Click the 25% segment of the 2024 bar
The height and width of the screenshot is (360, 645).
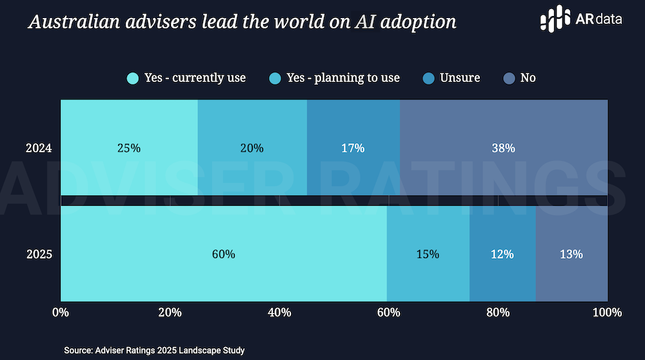(x=129, y=148)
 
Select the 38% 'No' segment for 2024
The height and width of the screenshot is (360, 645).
(x=504, y=148)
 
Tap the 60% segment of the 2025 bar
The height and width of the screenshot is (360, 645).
(x=223, y=254)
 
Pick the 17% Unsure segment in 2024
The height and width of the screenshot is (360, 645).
(x=353, y=148)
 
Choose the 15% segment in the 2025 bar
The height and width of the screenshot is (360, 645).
(x=428, y=254)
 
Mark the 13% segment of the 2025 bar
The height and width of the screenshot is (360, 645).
(x=571, y=254)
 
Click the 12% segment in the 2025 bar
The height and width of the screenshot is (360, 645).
(x=502, y=254)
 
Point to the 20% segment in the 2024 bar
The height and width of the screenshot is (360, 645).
(x=252, y=148)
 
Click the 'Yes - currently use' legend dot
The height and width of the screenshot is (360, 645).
(x=133, y=78)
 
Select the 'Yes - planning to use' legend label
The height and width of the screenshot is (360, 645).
(x=343, y=78)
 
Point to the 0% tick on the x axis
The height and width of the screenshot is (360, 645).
(x=60, y=313)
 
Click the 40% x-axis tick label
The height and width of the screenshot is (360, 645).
(x=279, y=313)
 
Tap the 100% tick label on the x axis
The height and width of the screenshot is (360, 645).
(x=606, y=313)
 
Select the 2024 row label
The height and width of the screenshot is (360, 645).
(x=39, y=148)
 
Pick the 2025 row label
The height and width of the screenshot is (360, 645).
(x=39, y=254)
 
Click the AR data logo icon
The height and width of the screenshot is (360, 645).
(x=554, y=20)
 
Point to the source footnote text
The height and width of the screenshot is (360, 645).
(x=154, y=350)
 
